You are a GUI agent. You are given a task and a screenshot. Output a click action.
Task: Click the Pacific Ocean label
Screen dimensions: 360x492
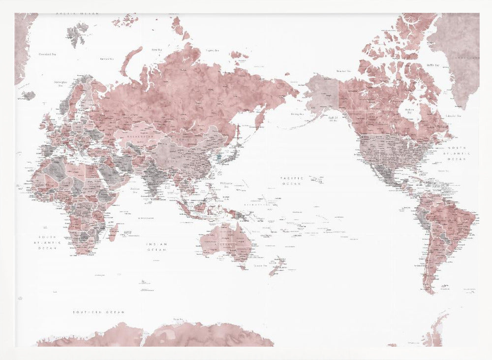pyautogui.click(x=292, y=180)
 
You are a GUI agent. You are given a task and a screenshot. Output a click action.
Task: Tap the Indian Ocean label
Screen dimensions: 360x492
pyautogui.click(x=157, y=247)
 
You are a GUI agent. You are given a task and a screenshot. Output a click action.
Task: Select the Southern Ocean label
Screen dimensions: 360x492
pyautogui.click(x=98, y=312)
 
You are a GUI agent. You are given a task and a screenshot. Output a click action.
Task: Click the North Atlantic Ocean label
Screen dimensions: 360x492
pyautogui.click(x=456, y=154)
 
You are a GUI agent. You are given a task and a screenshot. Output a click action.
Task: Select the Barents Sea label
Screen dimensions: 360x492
pyautogui.click(x=107, y=59)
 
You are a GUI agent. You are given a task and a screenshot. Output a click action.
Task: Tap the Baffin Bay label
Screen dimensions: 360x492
pyautogui.click(x=433, y=65)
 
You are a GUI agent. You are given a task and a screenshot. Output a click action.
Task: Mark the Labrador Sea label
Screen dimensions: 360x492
pyautogui.click(x=452, y=116)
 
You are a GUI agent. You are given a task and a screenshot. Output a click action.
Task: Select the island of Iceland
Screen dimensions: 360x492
pyautogui.click(x=28, y=95)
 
